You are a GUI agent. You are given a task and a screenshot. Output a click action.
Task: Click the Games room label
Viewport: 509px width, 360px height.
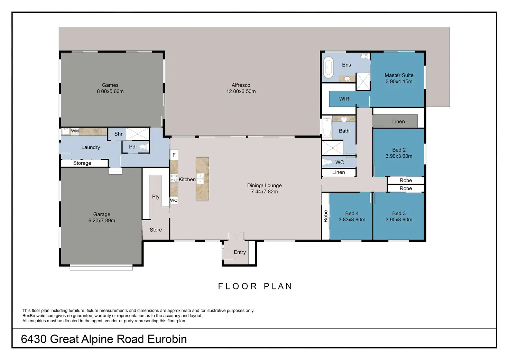click(110, 85)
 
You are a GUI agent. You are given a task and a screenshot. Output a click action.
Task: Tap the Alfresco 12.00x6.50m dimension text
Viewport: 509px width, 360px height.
click(241, 91)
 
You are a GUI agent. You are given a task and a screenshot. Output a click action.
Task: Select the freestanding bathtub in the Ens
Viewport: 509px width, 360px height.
click(328, 67)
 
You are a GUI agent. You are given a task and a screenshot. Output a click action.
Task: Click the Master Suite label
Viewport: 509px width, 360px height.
click(399, 75)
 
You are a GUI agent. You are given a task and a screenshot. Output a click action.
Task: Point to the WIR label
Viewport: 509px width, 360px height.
click(344, 99)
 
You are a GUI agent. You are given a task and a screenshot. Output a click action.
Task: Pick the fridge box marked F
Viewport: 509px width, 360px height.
click(174, 155)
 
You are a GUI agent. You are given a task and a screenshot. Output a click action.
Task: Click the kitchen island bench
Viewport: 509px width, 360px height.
click(202, 179)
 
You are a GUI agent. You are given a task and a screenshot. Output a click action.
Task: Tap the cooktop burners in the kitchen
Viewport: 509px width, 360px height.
click(174, 178)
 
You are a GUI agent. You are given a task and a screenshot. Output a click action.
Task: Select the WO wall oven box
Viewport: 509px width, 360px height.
click(174, 200)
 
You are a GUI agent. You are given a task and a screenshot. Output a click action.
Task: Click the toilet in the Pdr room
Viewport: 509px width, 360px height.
click(143, 147)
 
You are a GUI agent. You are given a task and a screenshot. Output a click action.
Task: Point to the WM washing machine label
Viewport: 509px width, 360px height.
click(75, 131)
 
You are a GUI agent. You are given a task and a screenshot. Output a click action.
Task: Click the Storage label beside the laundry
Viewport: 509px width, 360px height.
click(82, 163)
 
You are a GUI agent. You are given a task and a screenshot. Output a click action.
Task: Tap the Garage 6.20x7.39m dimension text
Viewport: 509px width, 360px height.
click(102, 220)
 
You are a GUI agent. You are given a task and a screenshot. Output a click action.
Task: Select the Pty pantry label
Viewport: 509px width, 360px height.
click(156, 196)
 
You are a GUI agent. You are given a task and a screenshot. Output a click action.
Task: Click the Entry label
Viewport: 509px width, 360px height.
click(240, 252)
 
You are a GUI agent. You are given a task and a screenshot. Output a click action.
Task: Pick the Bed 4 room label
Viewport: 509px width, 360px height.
click(352, 213)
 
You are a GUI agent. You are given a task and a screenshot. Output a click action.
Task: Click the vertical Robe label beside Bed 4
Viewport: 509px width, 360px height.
click(325, 216)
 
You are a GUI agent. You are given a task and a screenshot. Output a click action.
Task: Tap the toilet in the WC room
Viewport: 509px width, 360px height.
click(328, 162)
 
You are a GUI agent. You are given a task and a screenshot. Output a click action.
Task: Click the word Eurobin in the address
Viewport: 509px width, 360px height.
click(167, 339)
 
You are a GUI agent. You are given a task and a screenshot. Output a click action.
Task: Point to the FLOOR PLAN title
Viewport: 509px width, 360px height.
click(255, 286)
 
